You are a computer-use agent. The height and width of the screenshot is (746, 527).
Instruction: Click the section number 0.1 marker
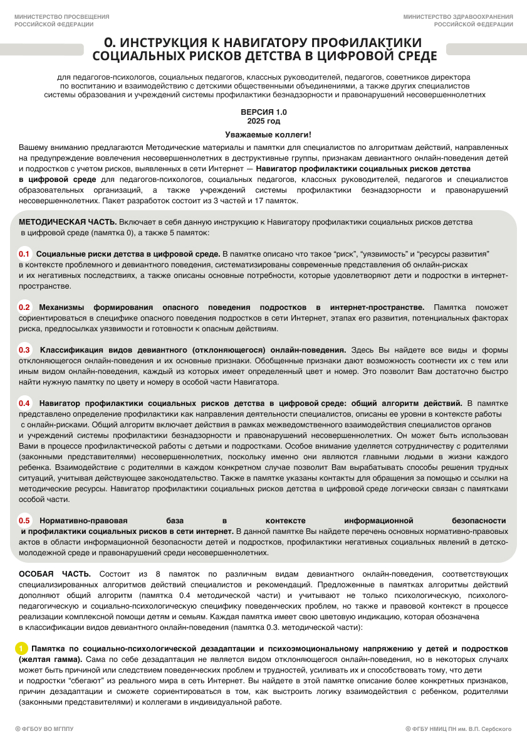click(24, 253)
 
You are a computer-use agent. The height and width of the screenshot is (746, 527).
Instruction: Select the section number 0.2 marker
click(24, 307)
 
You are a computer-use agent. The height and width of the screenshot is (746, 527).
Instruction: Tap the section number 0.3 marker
click(24, 349)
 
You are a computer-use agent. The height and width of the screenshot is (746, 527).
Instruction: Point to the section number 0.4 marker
click(24, 403)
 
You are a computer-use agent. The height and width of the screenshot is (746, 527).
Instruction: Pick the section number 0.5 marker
click(24, 520)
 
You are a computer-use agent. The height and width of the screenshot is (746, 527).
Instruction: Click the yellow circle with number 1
click(21, 647)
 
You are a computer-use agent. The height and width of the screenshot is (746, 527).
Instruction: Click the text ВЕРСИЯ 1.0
click(263, 111)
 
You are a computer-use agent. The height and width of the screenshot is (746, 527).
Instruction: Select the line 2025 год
click(263, 120)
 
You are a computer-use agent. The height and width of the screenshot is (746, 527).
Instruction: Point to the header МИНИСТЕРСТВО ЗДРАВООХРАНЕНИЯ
click(458, 16)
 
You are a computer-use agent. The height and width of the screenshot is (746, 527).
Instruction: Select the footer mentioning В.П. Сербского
click(459, 728)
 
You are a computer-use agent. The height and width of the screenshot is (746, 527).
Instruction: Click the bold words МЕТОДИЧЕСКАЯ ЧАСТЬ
click(68, 222)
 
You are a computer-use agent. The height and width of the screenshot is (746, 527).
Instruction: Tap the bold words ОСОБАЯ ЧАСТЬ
click(55, 573)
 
